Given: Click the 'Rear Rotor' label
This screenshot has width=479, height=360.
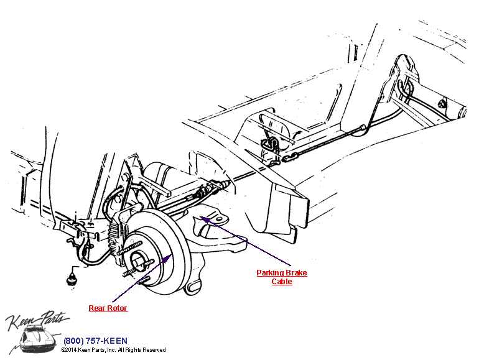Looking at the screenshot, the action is (108, 308).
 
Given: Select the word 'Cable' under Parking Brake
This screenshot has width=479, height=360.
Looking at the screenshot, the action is (282, 282).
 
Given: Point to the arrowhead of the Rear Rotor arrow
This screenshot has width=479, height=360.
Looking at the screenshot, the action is (168, 258).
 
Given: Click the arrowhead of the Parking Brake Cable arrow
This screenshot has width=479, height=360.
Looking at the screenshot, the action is (204, 219).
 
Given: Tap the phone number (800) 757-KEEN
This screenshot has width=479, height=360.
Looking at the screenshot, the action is (95, 341).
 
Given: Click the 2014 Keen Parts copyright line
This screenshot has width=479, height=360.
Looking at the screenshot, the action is (113, 350).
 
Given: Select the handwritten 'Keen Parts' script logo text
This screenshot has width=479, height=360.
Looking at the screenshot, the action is (37, 320).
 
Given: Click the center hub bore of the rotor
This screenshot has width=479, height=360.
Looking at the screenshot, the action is (138, 261).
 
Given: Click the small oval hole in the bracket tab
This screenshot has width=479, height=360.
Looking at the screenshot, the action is (219, 219).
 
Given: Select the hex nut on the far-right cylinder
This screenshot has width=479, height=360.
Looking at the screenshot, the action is (442, 104).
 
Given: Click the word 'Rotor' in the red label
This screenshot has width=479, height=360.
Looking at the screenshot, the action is (117, 308).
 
